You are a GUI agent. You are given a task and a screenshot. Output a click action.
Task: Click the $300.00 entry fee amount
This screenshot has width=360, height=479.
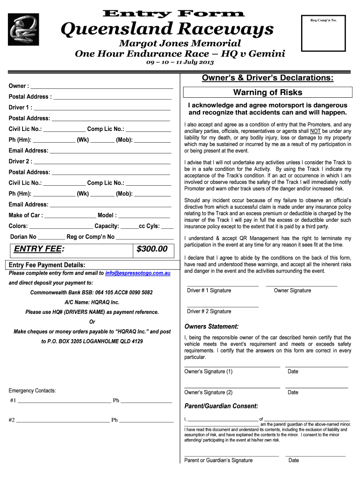pyautogui.click(x=152, y=249)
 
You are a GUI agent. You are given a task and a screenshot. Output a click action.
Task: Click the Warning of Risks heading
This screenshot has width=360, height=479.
pyautogui.click(x=268, y=92)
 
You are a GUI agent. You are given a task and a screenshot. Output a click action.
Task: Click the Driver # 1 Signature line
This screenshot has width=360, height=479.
pyautogui.click(x=223, y=285)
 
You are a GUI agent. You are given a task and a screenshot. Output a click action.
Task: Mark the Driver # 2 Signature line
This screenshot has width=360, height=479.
pyautogui.click(x=223, y=306)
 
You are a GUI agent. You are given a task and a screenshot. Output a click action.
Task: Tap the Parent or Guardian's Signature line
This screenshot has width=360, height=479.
pyautogui.click(x=231, y=455)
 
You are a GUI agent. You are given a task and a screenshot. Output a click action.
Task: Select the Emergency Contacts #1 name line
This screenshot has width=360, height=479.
pyautogui.click(x=64, y=401)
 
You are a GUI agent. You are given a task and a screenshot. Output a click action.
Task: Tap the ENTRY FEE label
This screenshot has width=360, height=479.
pyautogui.click(x=39, y=249)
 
